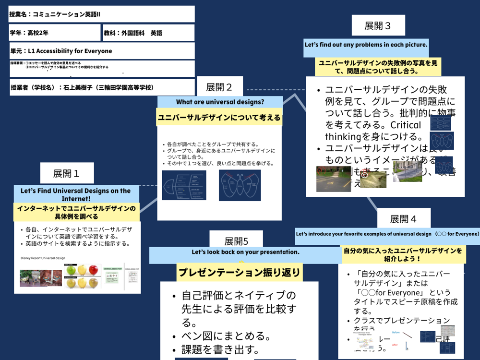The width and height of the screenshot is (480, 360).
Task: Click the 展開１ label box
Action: (67, 173)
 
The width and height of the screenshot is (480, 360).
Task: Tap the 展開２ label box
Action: (219, 87)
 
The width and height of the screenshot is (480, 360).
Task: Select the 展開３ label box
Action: (378, 25)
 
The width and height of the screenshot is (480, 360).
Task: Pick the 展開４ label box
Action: (403, 219)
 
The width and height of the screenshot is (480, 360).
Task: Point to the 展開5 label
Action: (236, 241)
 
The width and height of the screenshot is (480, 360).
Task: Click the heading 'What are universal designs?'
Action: (220, 102)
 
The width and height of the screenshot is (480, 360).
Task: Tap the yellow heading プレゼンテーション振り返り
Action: (239, 273)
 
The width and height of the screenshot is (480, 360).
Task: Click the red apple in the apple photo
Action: (93, 271)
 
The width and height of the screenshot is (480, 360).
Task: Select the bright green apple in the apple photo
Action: (72, 270)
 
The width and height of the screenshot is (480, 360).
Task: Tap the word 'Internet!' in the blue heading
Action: (76, 198)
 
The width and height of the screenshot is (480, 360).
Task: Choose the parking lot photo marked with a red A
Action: (333, 179)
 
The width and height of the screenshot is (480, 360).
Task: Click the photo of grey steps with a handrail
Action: (408, 171)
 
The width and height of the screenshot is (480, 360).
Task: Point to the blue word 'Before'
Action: (396, 332)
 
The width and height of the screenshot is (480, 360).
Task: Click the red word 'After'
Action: (395, 345)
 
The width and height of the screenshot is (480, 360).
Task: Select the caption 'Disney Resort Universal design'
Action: (43, 258)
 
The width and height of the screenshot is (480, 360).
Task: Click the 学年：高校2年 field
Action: (54, 33)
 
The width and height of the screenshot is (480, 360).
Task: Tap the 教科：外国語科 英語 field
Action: (148, 33)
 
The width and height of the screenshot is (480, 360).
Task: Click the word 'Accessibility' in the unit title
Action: (55, 51)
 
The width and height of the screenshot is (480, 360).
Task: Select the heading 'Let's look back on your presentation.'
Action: (245, 252)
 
